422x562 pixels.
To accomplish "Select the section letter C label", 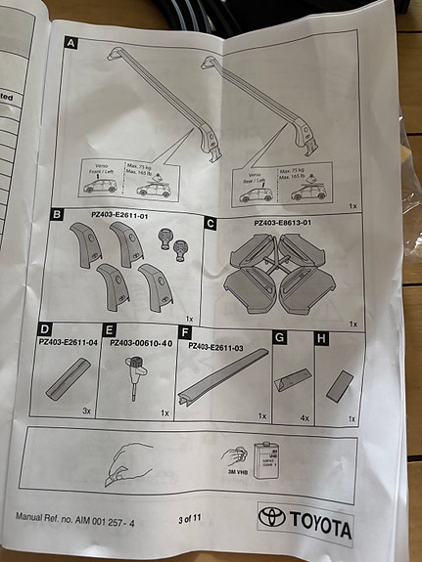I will (x=211, y=223).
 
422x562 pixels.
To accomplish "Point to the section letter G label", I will (x=279, y=337).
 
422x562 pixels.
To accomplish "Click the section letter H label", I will (x=319, y=338).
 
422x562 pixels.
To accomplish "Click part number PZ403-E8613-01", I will (x=286, y=223).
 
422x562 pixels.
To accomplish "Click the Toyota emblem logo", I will (x=272, y=517).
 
